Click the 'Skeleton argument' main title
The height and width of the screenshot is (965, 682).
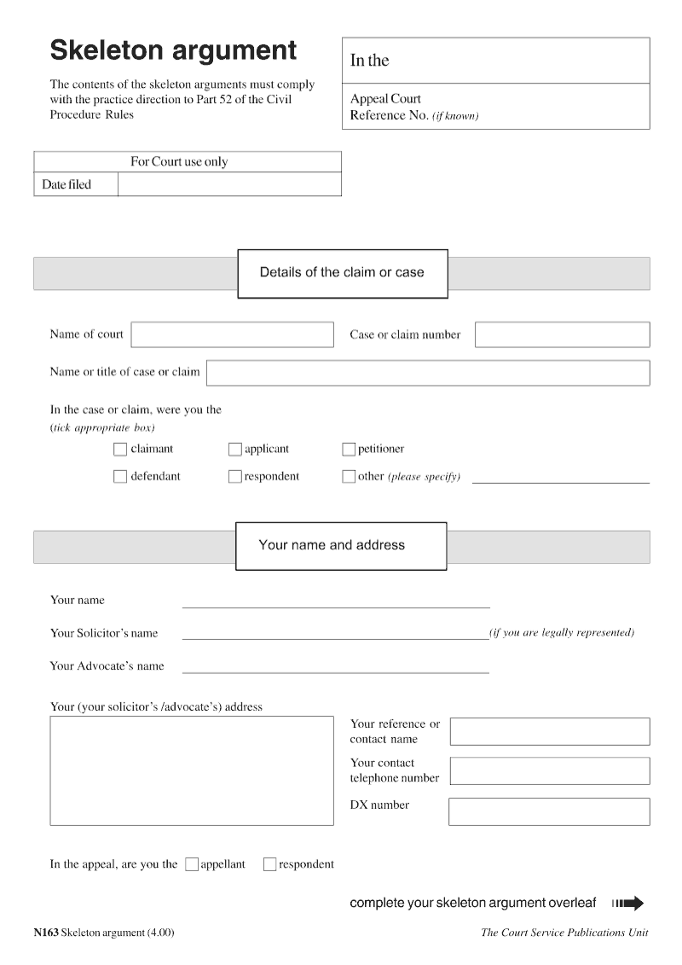pos(174,51)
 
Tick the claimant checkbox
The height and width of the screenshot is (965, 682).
pos(120,450)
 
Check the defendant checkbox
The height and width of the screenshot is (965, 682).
pos(120,477)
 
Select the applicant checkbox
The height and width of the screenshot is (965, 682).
pos(235,450)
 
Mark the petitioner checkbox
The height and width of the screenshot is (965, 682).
pos(349,450)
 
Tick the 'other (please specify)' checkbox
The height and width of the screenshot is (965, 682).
pos(349,477)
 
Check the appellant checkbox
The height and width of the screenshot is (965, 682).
pos(192,864)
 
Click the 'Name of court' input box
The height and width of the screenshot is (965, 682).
pos(232,334)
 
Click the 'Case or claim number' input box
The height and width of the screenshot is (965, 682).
pos(562,334)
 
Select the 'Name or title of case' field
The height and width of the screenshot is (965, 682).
pos(427,373)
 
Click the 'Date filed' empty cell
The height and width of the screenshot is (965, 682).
pos(228,185)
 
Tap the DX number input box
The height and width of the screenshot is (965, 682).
pos(549,811)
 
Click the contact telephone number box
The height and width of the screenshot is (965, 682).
pos(549,770)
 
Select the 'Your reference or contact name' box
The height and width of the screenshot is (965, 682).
pos(549,731)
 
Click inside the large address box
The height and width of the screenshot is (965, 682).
pos(192,770)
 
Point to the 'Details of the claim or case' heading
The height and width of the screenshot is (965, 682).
pos(342,273)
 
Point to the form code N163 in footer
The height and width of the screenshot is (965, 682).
pos(46,933)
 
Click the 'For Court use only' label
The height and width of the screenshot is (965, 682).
pos(179,162)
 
